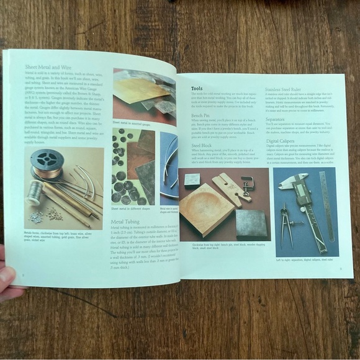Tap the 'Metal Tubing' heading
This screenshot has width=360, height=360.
pos(129,220)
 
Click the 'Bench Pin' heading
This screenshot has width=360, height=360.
pos(202,115)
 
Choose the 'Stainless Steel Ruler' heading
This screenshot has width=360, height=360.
pos(290,91)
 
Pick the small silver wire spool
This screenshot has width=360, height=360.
pos(34,193)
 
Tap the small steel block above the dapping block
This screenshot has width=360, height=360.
pos(192,180)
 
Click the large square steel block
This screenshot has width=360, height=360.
pos(250,223)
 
